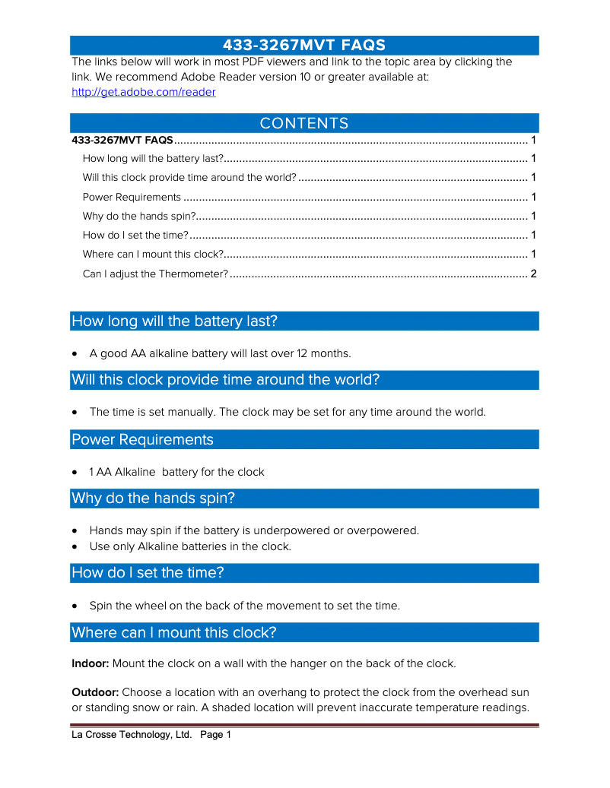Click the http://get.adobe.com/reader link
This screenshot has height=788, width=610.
[x=143, y=92]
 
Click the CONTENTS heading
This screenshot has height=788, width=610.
[x=304, y=123]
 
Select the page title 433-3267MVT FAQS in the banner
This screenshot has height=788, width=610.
[x=304, y=45]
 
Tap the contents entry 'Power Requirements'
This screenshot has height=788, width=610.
[x=132, y=197]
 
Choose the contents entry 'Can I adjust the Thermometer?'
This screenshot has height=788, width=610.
[x=155, y=274]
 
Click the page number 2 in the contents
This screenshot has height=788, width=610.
[x=533, y=274]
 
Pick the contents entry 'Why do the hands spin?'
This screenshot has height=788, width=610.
[x=139, y=216]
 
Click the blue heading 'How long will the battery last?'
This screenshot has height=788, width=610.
[x=174, y=321]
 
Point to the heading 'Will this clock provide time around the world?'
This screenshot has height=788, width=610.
[x=225, y=380]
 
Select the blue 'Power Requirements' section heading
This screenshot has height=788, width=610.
[x=142, y=439]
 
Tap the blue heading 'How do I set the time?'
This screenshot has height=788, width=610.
[x=148, y=572]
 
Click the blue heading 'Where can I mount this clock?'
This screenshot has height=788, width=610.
[x=173, y=632]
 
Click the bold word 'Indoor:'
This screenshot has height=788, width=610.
[x=91, y=663]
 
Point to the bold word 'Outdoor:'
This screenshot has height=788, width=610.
[x=95, y=692]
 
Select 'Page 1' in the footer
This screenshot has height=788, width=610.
[x=215, y=735]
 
